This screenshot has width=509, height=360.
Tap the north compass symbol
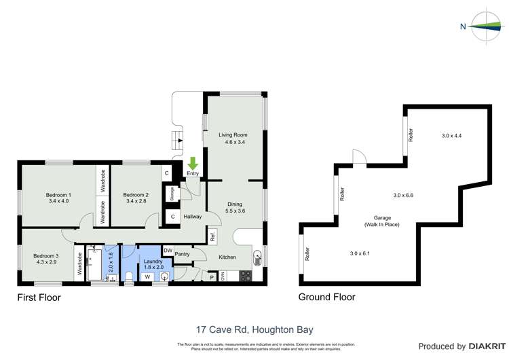tap(483, 26)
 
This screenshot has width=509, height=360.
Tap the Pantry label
tap(182, 255)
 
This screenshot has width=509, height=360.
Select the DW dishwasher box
tap(168, 250)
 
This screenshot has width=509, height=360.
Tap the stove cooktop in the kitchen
tap(246, 277)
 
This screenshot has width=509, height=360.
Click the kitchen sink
tap(257, 257)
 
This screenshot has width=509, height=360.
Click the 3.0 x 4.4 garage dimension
tap(451, 136)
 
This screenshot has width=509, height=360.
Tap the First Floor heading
tap(39, 298)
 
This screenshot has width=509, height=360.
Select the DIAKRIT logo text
tap(484, 346)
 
